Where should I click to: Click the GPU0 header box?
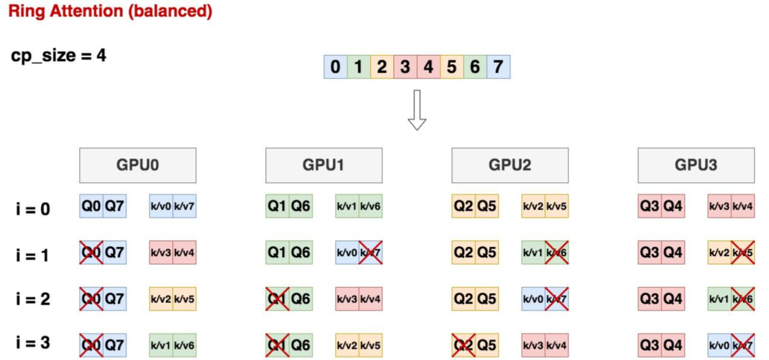click(137, 165)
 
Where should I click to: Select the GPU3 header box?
click(696, 165)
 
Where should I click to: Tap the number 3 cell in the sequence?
click(405, 67)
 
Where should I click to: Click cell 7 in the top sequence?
click(498, 67)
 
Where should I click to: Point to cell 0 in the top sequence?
click(335, 67)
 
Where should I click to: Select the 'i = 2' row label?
click(33, 299)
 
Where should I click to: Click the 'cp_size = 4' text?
click(58, 56)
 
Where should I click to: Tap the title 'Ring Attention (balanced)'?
click(110, 12)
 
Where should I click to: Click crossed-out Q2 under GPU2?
click(464, 345)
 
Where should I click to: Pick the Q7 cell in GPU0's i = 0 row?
click(115, 206)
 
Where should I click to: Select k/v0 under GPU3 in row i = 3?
click(720, 345)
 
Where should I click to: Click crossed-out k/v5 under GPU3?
click(743, 252)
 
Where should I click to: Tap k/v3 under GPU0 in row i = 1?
click(161, 252)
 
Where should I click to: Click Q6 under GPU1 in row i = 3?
click(301, 345)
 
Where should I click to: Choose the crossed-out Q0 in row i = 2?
click(91, 299)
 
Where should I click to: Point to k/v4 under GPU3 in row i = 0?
click(743, 206)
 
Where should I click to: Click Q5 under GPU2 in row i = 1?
click(487, 252)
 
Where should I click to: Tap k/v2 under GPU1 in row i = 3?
click(347, 345)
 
